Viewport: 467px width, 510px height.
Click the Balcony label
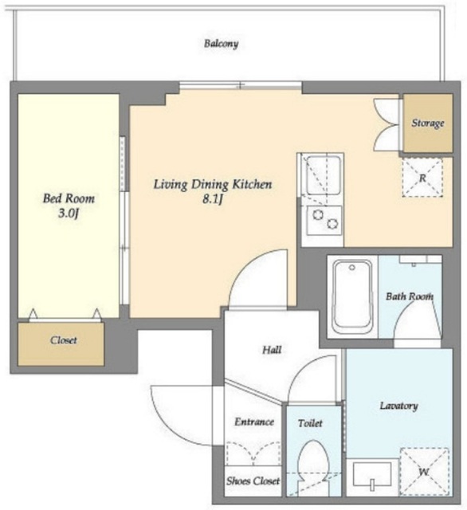221,44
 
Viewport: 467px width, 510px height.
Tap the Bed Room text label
69,198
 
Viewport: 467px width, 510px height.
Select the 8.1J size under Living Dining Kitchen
213,199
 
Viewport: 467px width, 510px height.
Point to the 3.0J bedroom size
69,214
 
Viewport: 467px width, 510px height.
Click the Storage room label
428,124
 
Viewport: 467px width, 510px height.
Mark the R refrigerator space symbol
422,178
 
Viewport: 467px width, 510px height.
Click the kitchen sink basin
324,175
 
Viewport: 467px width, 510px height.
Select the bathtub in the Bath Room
352,297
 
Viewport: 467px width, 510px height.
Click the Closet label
64,340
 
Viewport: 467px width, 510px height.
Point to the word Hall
272,350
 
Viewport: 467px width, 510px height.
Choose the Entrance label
254,422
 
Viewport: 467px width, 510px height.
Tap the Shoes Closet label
253,481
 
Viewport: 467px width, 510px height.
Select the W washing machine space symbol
424,471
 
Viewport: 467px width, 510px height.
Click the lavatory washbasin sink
372,475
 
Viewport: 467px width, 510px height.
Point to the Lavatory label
399,406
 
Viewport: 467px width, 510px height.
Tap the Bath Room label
410,296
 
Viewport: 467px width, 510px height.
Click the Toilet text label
310,423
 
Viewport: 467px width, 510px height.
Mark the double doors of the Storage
387,124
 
